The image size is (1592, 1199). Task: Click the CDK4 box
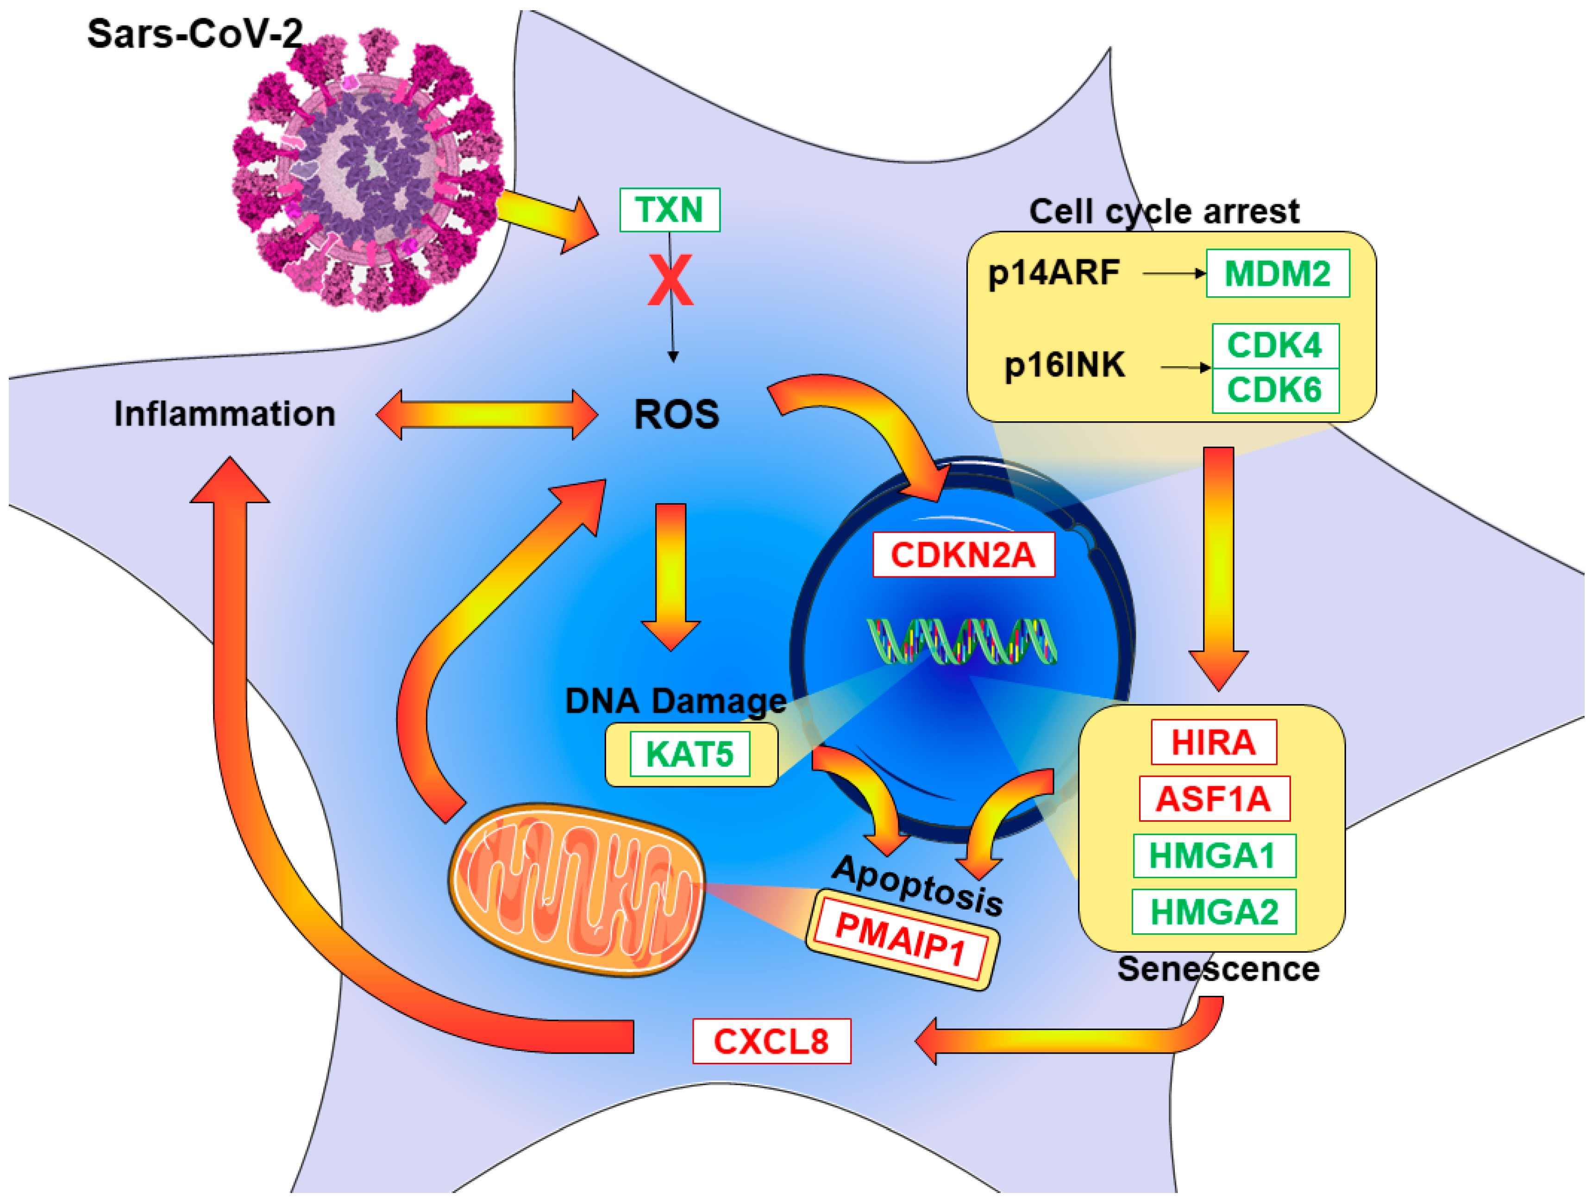(1275, 345)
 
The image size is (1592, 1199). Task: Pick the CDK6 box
(1275, 391)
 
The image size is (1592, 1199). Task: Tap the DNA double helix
(961, 641)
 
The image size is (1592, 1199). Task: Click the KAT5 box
(689, 754)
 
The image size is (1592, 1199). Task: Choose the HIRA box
(1213, 742)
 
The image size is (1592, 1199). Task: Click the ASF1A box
(1213, 799)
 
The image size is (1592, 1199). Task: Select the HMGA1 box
(1213, 856)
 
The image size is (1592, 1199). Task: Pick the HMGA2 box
(1213, 912)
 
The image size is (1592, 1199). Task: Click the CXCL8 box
(771, 1042)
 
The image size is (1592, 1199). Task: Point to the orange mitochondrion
(576, 890)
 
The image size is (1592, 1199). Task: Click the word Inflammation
(225, 414)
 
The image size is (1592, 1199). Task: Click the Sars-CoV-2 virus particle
(367, 169)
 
